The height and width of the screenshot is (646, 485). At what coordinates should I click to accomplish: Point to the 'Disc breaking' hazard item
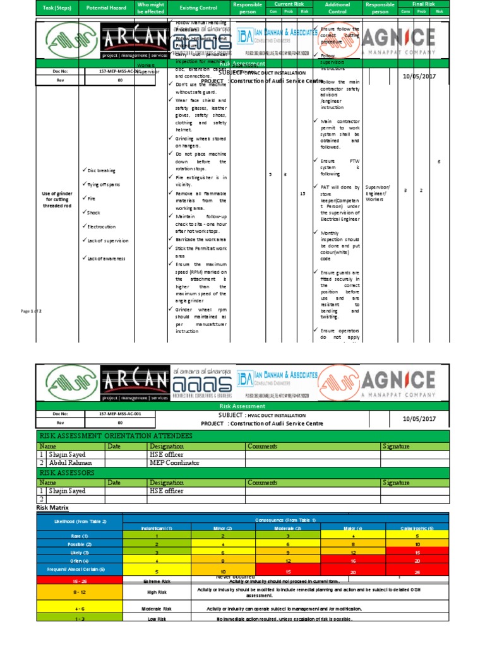99,170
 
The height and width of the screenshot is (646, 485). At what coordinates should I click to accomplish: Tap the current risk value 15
302,194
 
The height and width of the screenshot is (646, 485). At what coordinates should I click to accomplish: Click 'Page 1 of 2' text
31,312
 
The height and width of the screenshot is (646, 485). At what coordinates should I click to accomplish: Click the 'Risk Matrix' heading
54,507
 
